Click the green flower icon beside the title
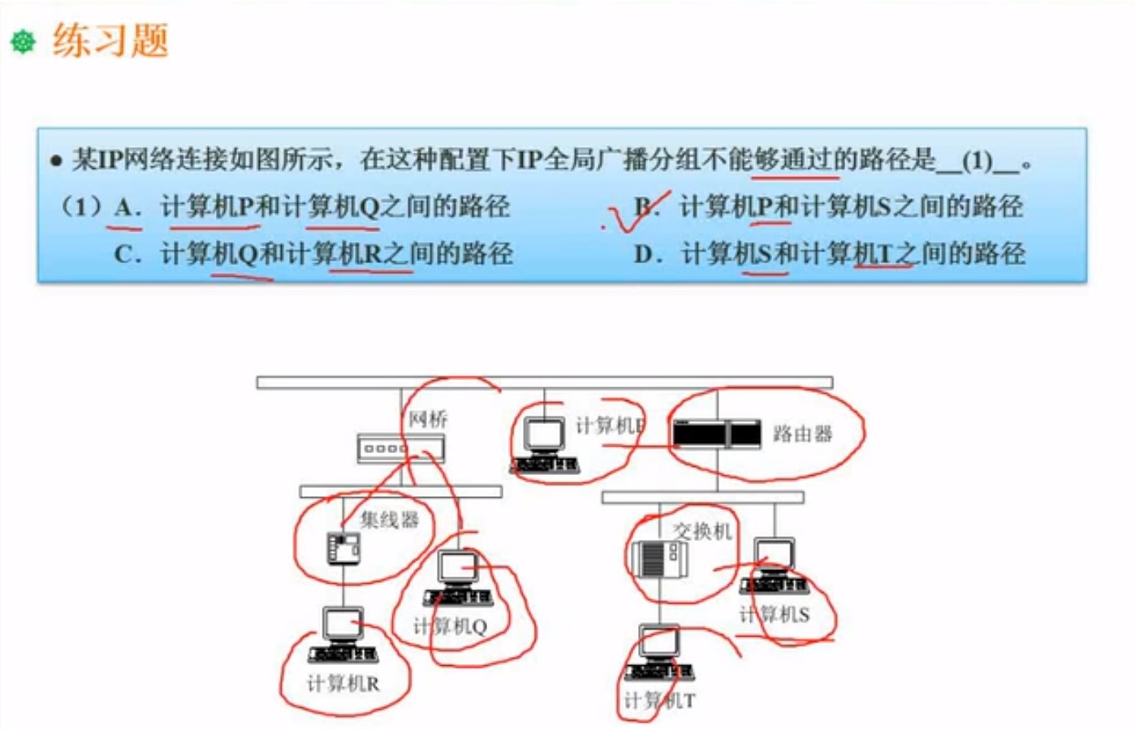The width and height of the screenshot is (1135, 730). coord(23,41)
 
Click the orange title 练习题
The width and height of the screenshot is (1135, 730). coord(110,41)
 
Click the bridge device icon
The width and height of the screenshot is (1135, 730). coord(400,447)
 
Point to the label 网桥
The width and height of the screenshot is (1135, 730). coord(428,419)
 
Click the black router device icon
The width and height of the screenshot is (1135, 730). coord(716,434)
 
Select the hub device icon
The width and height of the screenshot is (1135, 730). coord(343,548)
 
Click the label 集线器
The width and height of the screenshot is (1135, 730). coord(389,520)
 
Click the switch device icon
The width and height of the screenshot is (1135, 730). coord(659,558)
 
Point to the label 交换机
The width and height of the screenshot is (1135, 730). coord(701,531)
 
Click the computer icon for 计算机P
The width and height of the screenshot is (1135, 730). coord(544,445)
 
